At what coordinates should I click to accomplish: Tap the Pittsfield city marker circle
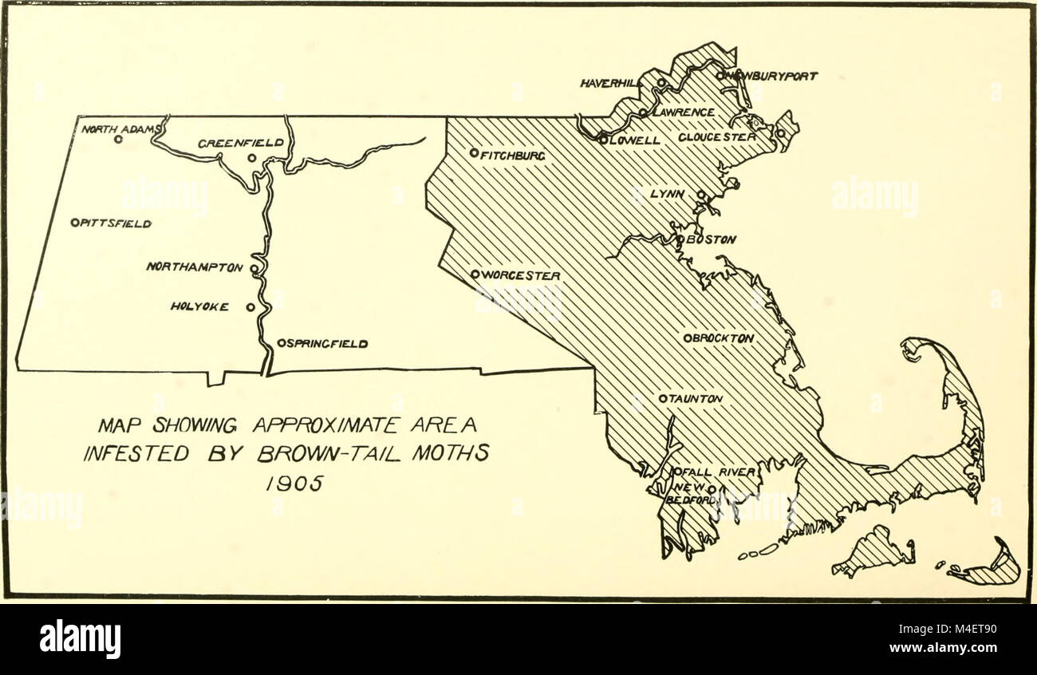click(x=74, y=223)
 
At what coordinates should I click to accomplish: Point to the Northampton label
click(x=194, y=268)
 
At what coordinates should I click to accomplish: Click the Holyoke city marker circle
click(x=250, y=306)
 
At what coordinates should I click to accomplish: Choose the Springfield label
click(x=327, y=344)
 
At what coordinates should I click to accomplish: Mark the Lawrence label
click(x=683, y=113)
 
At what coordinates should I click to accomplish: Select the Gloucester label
click(x=716, y=137)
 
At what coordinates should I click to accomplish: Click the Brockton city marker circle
click(x=687, y=338)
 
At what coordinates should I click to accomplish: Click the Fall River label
click(x=717, y=472)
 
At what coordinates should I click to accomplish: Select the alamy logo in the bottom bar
click(x=80, y=639)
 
